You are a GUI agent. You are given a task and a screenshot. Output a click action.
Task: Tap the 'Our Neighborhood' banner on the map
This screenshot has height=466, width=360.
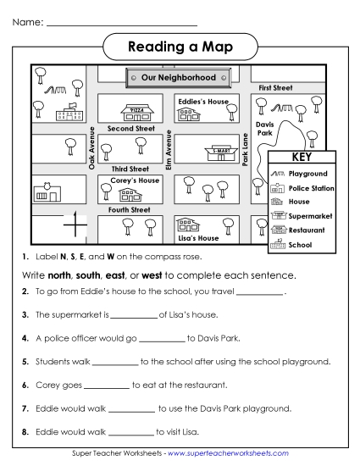coord(178,78)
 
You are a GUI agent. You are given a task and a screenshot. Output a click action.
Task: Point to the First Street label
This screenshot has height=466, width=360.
coord(275,87)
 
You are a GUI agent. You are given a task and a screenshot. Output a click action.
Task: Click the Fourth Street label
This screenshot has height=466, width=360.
coord(129,209)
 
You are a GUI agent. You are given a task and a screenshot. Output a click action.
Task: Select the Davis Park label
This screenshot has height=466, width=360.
coord(264,129)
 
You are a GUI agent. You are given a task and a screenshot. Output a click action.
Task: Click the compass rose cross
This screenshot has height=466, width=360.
coord(75,225)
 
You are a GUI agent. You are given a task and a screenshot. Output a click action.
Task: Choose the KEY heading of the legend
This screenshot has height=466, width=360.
coord(302,158)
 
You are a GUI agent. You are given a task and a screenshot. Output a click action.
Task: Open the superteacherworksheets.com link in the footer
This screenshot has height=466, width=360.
coord(229,454)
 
